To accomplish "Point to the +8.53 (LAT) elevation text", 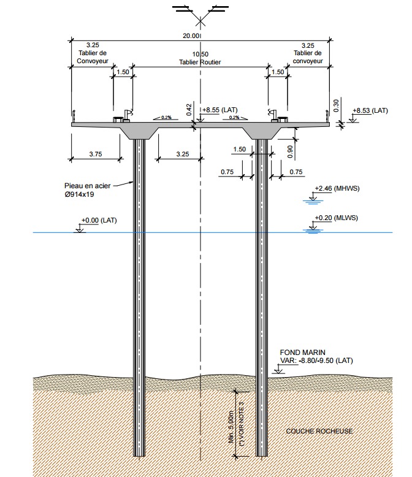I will (x=370, y=111).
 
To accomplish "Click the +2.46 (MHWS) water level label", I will (x=335, y=189).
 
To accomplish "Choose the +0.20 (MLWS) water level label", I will (x=335, y=218).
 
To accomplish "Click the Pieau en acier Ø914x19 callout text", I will (x=88, y=189).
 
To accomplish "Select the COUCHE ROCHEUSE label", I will (x=319, y=431).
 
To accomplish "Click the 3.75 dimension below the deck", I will (x=95, y=155).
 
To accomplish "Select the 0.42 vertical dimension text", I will (x=189, y=108).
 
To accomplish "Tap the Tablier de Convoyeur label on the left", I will (x=93, y=56).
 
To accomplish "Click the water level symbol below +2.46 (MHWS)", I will (x=313, y=199).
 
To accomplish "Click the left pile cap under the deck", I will (x=140, y=132).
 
